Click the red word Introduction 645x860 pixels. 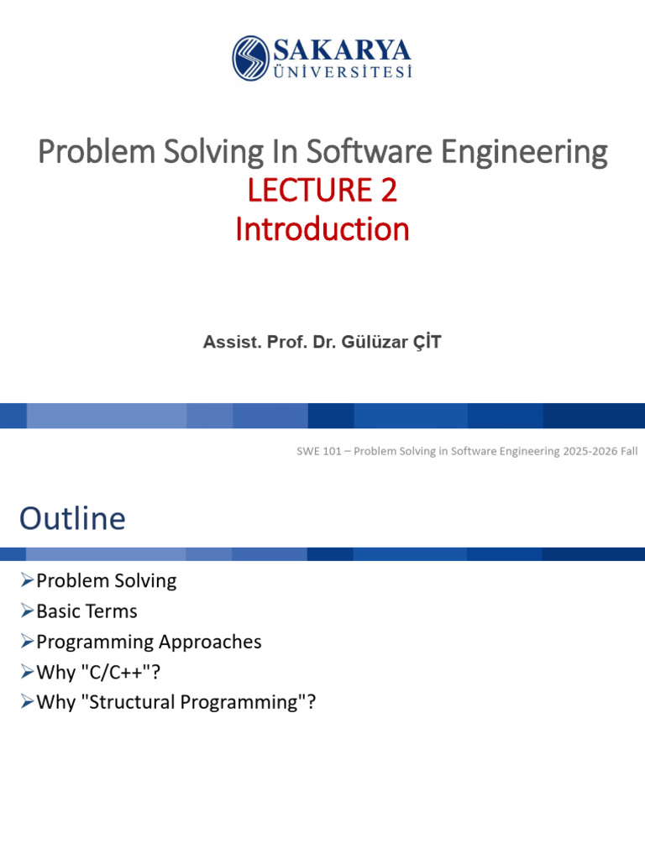click(x=322, y=229)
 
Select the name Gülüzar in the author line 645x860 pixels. click(x=374, y=342)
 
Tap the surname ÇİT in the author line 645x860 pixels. click(x=425, y=342)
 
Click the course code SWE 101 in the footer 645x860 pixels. click(x=322, y=451)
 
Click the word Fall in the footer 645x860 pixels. click(x=627, y=451)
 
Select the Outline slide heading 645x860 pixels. click(x=72, y=518)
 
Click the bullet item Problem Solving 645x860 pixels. click(x=107, y=580)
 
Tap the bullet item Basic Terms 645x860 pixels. click(x=87, y=611)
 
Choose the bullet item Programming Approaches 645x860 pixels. click(x=149, y=642)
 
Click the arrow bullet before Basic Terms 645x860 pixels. click(x=27, y=611)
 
